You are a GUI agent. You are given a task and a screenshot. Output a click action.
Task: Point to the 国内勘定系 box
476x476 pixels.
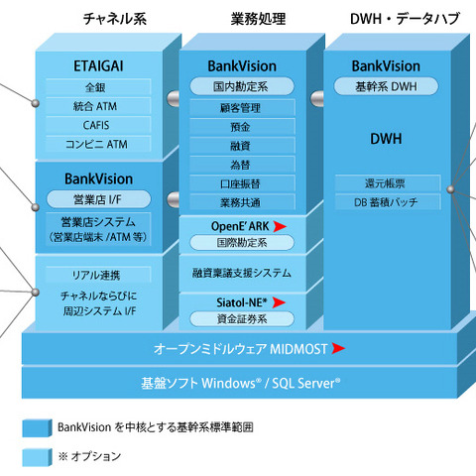coord(242,87)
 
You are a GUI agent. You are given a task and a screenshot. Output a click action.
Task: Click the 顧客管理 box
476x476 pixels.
coord(242,107)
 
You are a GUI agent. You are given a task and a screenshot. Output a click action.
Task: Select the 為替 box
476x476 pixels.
coord(242,165)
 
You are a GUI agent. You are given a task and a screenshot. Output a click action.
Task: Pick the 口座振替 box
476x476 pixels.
coord(242,183)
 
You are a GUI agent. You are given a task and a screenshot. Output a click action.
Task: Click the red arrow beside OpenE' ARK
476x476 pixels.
coord(280,226)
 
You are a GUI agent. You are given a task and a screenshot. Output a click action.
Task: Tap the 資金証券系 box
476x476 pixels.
coord(242,318)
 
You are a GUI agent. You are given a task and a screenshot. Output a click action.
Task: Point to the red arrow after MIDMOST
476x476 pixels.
coord(339,348)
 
